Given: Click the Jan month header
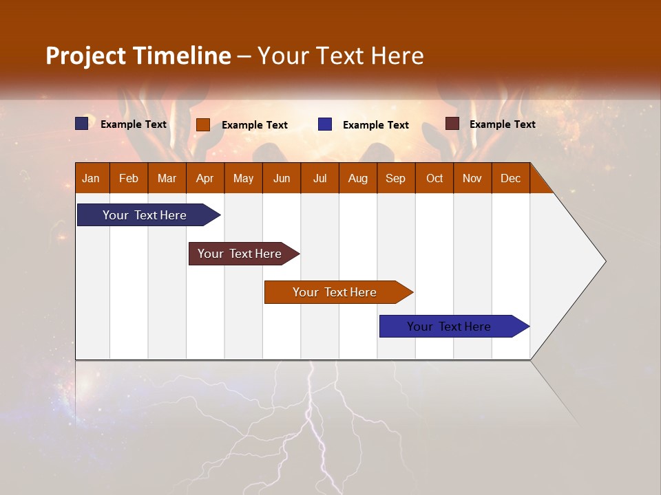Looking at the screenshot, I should coord(92,178).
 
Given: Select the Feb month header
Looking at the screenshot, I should coord(129,178).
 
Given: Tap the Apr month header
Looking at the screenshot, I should coord(204,178).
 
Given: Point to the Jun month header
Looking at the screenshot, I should coord(282,178).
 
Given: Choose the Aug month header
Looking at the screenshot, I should coord(357,178).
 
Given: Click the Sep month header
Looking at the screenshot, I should coord(395,178).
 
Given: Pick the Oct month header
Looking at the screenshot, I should coord(434,178).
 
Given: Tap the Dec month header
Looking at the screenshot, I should coord(510,178).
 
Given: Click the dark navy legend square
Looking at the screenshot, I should coord(82,124).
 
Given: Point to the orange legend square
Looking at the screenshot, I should coord(203,124).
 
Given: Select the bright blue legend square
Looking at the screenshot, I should coord(325,124).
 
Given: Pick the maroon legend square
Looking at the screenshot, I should coord(452,124).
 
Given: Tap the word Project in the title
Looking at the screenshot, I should coord(86,56).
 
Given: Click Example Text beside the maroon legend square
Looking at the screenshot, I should coord(502,124).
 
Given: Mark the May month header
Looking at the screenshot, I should coord(243,178).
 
